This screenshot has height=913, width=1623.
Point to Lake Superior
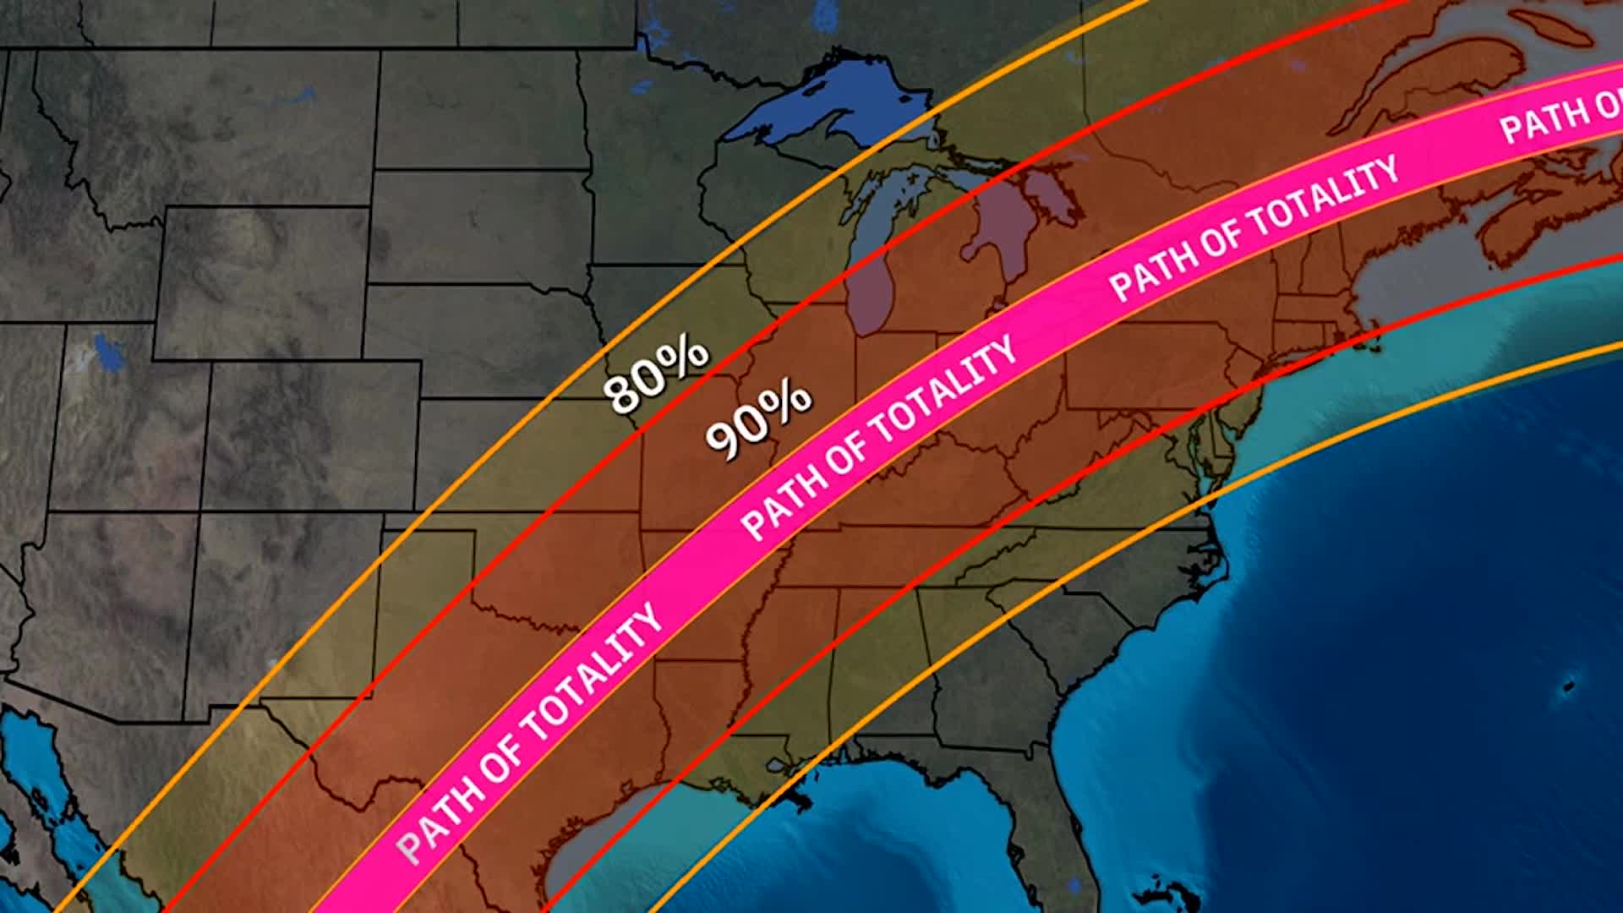811,106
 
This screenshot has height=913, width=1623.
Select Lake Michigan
871,271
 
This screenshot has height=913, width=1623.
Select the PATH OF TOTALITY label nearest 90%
879,440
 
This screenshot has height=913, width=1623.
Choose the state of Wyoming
262,279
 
